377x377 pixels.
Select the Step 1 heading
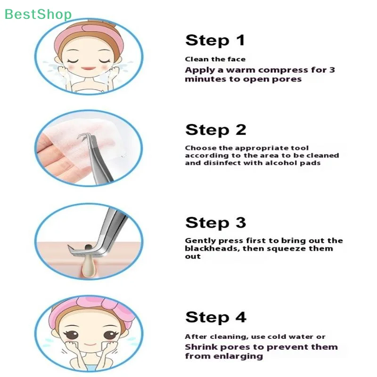click(x=215, y=40)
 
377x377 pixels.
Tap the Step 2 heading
click(x=215, y=130)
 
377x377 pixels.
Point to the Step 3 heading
click(x=215, y=222)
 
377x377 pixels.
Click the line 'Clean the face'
click(x=215, y=59)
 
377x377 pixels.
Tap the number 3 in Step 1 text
click(x=332, y=70)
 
